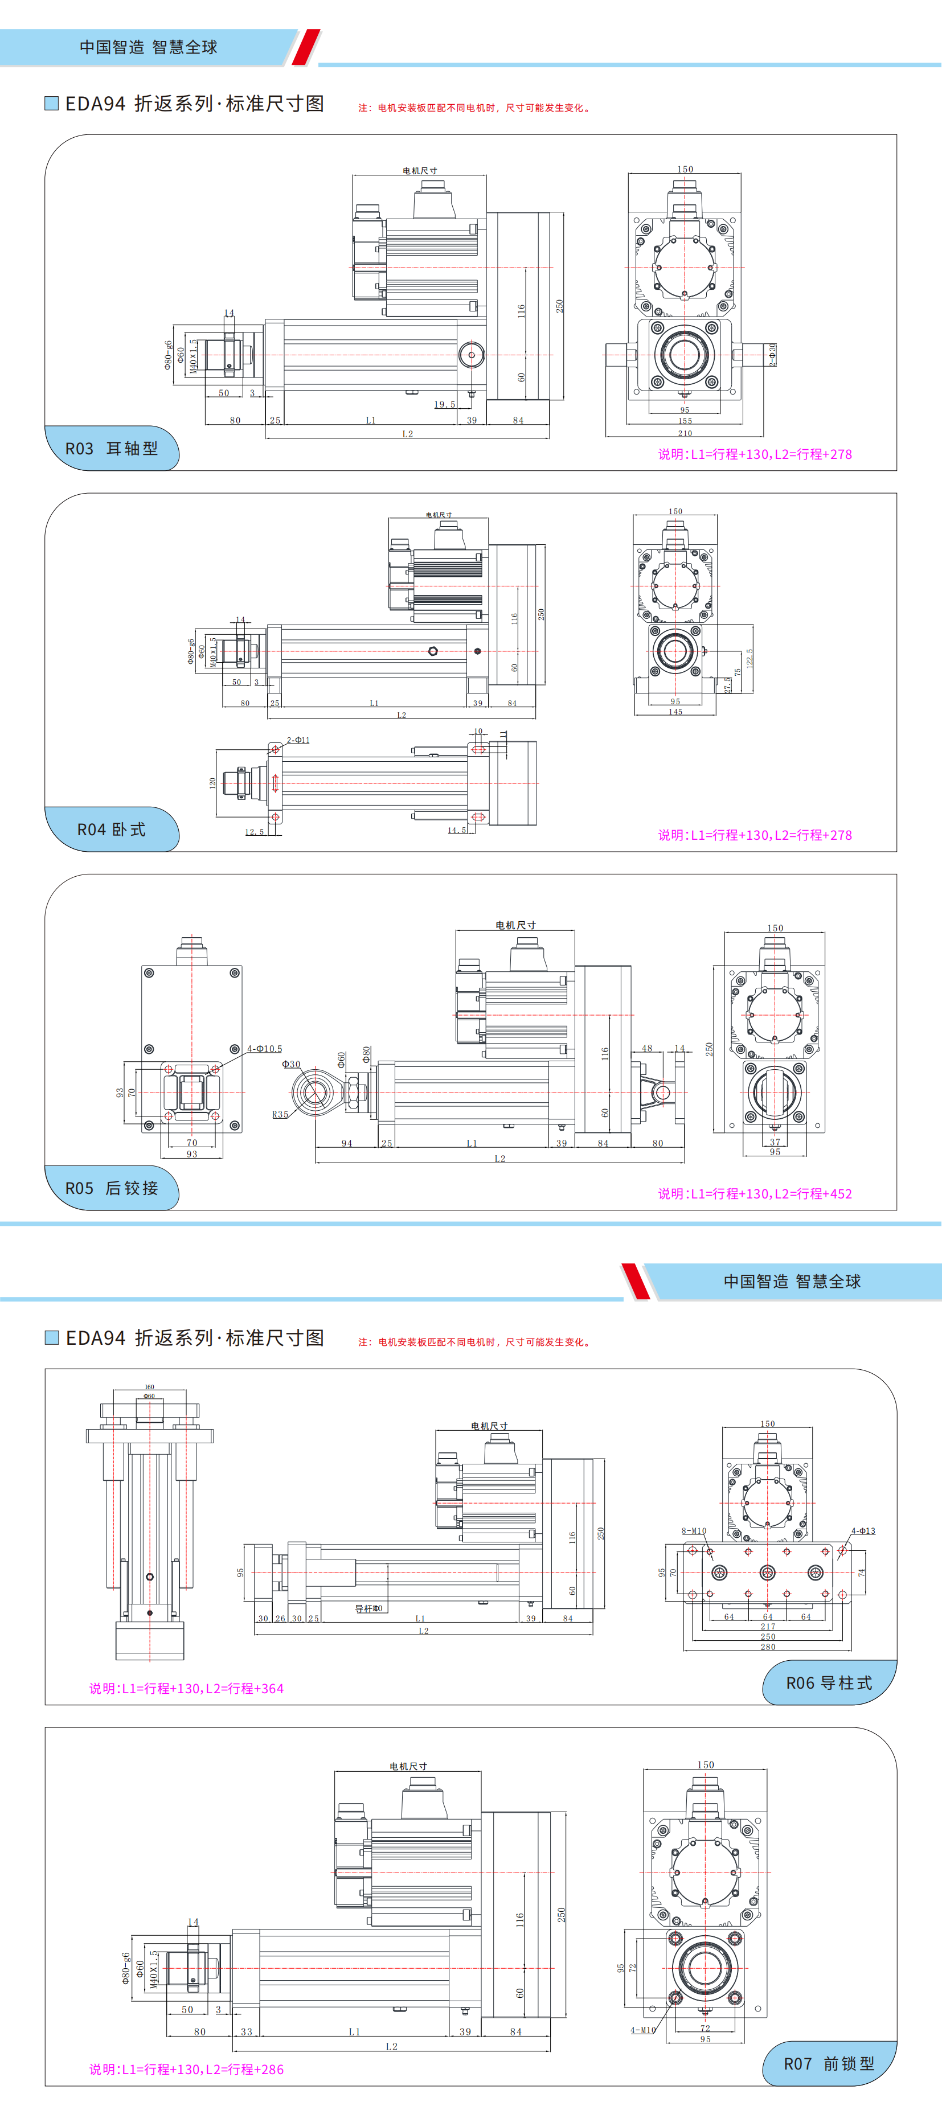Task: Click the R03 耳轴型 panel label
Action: (112, 448)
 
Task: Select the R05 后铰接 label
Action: (112, 1188)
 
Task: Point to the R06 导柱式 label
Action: (829, 1682)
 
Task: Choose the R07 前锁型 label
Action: (829, 2064)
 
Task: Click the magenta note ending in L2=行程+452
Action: (755, 1194)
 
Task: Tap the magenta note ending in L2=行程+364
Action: (186, 1688)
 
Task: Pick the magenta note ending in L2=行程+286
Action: (186, 2070)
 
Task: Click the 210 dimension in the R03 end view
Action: (685, 433)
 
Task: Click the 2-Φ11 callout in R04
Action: (298, 740)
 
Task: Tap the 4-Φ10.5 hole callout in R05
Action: (264, 1049)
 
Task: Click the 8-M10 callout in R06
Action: (694, 1531)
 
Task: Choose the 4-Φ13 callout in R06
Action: (863, 1531)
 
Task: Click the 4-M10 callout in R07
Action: (642, 2029)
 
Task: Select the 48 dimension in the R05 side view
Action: (646, 1049)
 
